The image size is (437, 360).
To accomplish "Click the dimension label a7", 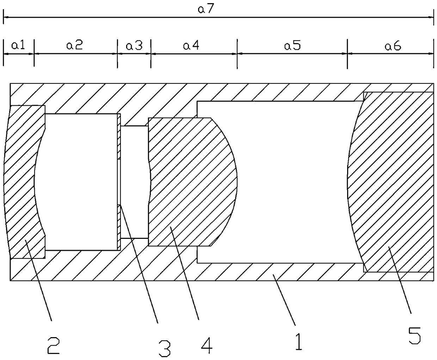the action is pyautogui.click(x=206, y=10).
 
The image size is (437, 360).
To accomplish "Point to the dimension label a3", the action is pyautogui.click(x=134, y=45).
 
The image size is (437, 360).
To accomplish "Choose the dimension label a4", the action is pyautogui.click(x=191, y=45).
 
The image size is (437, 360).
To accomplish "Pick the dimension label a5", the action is pyautogui.click(x=293, y=45).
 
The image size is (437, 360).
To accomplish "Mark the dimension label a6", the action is pyautogui.click(x=393, y=46).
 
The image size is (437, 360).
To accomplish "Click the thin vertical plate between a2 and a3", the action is pyautogui.click(x=119, y=181).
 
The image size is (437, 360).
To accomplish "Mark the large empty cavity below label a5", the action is pyautogui.click(x=289, y=181).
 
